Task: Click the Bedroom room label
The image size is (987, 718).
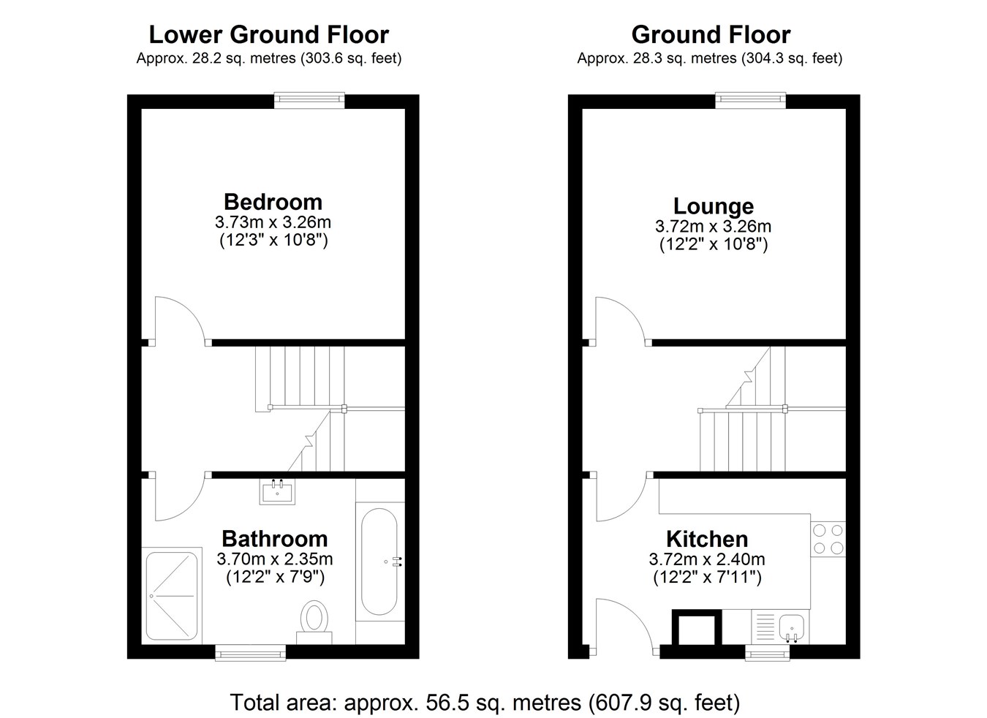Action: tap(273, 202)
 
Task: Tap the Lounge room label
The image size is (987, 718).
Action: tap(714, 206)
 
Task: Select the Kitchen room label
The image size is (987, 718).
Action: tap(707, 539)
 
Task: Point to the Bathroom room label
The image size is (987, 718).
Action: tap(274, 539)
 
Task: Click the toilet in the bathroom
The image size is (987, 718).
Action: tap(314, 622)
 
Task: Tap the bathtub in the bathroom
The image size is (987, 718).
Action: tap(379, 562)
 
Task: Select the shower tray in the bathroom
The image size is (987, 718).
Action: tap(172, 596)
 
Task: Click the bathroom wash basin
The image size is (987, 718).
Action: tap(277, 491)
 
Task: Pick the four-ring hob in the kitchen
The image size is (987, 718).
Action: tap(828, 539)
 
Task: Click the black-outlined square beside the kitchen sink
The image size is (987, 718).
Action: tap(697, 627)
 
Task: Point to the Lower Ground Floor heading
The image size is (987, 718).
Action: tap(269, 35)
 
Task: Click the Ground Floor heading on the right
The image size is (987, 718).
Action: tap(711, 35)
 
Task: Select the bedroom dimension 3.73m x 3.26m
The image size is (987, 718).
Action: tap(273, 222)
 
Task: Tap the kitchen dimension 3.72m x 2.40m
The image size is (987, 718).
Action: tap(707, 559)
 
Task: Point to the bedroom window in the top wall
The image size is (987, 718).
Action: tap(309, 100)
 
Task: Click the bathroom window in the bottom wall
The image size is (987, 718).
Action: tap(250, 652)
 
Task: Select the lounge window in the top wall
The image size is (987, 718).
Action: tap(751, 100)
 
